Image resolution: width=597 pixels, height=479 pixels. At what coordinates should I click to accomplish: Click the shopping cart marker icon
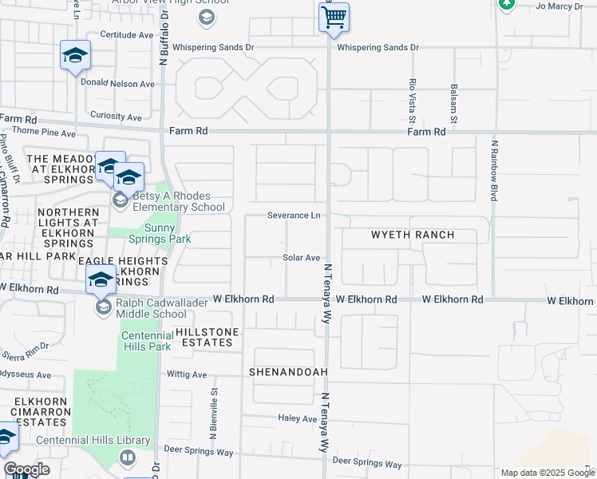point(334,17)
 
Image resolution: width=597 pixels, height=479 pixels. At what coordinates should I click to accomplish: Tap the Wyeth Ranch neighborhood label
point(413,235)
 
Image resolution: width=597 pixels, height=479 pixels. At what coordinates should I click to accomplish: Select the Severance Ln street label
point(294,216)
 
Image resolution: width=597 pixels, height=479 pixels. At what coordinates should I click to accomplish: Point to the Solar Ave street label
point(301,258)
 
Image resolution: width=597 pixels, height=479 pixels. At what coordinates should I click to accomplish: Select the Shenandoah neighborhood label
point(288,373)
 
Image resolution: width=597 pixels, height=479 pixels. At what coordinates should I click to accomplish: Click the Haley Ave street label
point(298,418)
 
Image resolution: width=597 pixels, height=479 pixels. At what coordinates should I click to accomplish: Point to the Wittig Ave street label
point(187,374)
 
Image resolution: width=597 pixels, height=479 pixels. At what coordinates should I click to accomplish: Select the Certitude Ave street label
point(126,35)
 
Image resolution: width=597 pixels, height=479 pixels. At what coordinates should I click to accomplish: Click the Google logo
point(26,469)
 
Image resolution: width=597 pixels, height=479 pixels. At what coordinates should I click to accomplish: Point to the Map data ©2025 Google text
point(548,473)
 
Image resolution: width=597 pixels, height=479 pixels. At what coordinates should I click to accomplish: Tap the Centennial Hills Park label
point(148,342)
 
